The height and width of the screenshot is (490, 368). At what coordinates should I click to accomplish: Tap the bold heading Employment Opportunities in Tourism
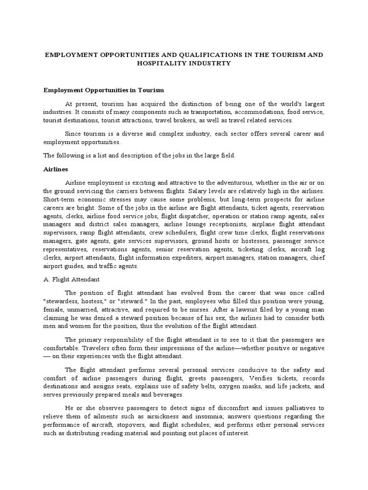(x=104, y=90)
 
